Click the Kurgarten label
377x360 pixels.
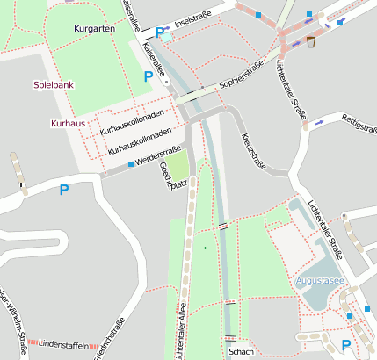pos(95,29)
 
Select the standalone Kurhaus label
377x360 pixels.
pos(68,124)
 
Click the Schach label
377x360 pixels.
pos(241,352)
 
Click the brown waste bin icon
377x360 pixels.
pos(311,42)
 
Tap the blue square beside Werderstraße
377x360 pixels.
pos(131,164)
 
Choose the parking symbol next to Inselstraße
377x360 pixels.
pos(160,32)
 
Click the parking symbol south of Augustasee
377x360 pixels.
pos(345,345)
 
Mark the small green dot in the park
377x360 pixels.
pos(206,248)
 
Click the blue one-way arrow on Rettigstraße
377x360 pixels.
pos(320,120)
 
